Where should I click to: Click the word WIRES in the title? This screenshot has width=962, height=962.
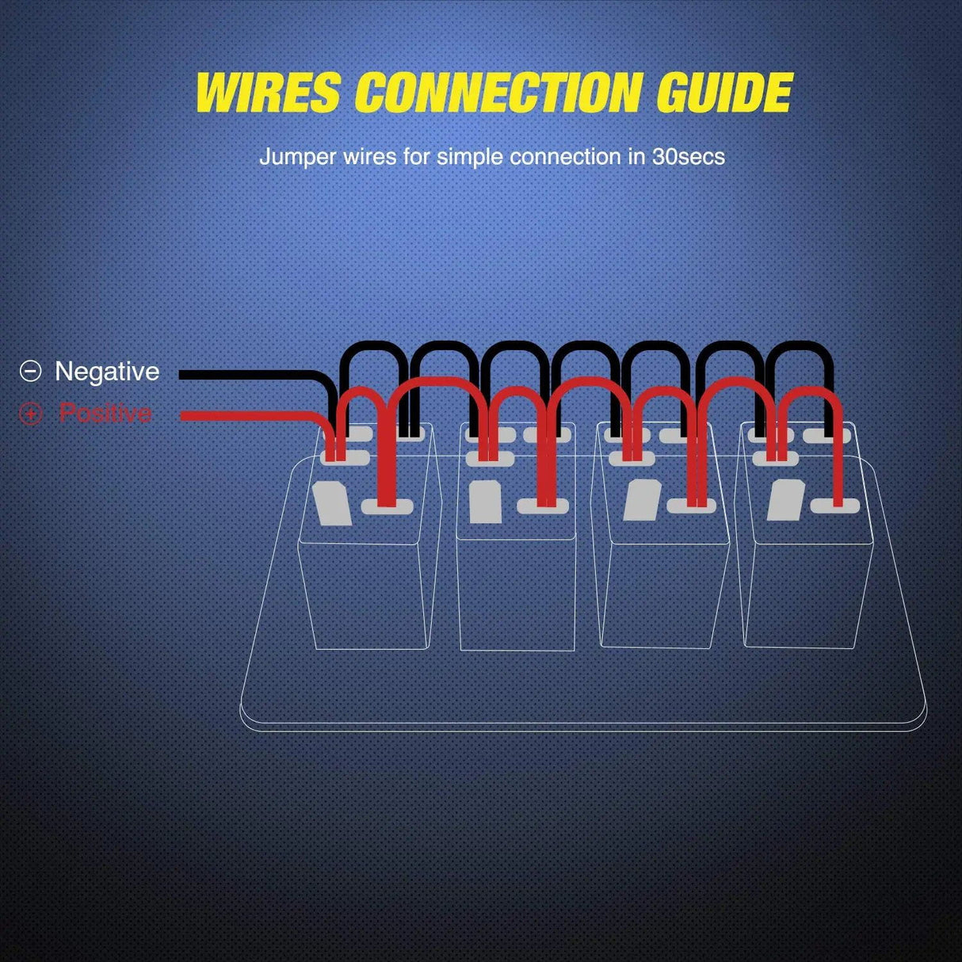pyautogui.click(x=268, y=93)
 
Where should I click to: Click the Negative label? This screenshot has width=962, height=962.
pyautogui.click(x=107, y=371)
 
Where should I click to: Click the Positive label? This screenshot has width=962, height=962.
pyautogui.click(x=105, y=413)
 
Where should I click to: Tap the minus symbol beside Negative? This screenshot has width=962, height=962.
pyautogui.click(x=30, y=371)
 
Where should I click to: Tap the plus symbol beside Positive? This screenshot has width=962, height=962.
pyautogui.click(x=30, y=413)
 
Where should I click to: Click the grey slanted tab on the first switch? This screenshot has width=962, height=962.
pyautogui.click(x=332, y=503)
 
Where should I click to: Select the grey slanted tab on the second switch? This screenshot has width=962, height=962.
pyautogui.click(x=485, y=502)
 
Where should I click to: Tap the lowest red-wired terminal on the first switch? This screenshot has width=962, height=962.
pyautogui.click(x=387, y=506)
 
